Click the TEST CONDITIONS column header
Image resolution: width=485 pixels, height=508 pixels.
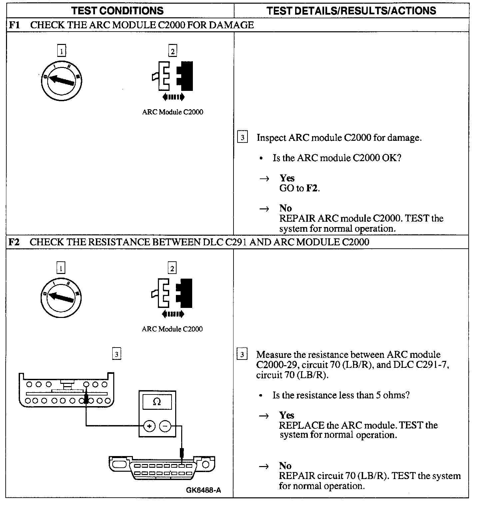tap(118, 11)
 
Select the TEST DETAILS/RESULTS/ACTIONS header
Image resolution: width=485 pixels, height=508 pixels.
tap(351, 11)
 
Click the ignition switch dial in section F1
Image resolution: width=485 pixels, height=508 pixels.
tap(61, 80)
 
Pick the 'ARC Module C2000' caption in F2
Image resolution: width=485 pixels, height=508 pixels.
tap(172, 329)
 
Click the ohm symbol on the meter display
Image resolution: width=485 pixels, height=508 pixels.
tap(157, 402)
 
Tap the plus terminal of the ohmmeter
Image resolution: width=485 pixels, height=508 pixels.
tap(149, 426)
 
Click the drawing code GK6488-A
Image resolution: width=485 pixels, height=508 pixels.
tap(203, 490)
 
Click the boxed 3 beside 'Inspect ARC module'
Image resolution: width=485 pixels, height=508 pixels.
tap(242, 137)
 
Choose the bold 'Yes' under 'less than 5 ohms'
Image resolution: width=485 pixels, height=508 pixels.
tap(287, 415)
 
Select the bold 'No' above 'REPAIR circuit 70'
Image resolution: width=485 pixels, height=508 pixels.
tap(285, 465)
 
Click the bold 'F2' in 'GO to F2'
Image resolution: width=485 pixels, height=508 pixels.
tap(311, 188)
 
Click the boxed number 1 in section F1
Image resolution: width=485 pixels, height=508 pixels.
tap(61, 51)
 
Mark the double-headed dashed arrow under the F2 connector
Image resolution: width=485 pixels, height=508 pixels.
tap(172, 314)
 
